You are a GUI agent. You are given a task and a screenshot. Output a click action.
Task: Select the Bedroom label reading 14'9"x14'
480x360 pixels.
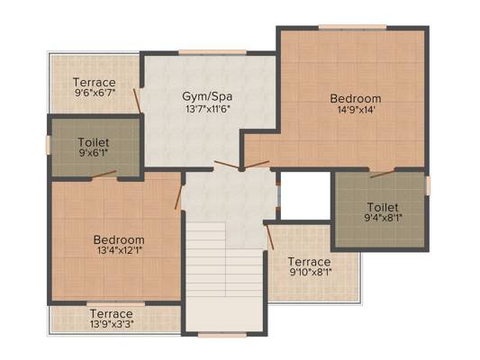click(355, 98)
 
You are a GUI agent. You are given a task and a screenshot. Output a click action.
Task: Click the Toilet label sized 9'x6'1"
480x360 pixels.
click(94, 142)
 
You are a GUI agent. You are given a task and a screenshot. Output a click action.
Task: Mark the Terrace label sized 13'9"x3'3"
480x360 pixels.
click(112, 313)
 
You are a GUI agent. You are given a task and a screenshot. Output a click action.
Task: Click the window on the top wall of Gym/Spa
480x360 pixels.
click(206, 51)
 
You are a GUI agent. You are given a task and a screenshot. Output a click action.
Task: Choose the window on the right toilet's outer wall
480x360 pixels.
click(428, 185)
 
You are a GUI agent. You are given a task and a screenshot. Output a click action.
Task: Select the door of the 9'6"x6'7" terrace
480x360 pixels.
click(137, 98)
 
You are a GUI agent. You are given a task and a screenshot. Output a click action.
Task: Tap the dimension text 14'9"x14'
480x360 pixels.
click(355, 111)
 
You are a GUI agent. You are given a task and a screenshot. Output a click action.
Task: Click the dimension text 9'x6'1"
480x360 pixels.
click(94, 154)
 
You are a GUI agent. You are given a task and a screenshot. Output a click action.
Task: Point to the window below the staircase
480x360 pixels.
click(222, 334)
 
